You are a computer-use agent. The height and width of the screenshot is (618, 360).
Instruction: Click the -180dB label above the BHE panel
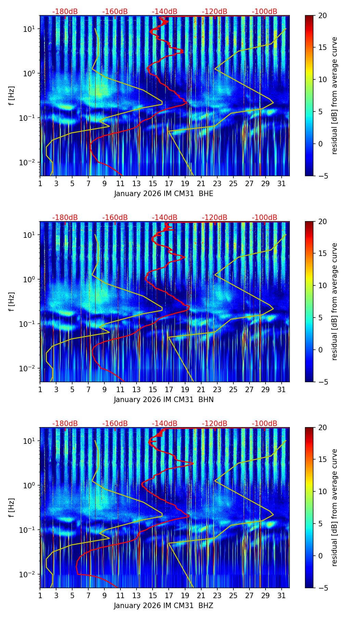tap(65, 12)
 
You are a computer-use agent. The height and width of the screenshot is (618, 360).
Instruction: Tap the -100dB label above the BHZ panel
tap(265, 424)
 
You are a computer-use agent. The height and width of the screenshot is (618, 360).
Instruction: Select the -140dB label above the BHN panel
tap(165, 218)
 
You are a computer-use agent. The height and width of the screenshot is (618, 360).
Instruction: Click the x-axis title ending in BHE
tap(164, 194)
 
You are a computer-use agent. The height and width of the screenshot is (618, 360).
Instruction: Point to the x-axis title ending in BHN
tap(164, 400)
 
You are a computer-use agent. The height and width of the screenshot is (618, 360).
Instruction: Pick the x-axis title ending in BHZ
tap(164, 606)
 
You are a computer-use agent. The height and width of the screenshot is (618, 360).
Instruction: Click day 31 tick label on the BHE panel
tap(282, 184)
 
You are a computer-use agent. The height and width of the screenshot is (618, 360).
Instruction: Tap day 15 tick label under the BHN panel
tap(153, 390)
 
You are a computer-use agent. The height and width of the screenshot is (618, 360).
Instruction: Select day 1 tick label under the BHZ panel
tap(40, 596)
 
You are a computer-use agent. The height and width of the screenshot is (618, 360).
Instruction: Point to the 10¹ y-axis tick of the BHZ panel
tap(30, 441)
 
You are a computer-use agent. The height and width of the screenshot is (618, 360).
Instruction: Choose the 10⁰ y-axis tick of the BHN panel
tap(30, 280)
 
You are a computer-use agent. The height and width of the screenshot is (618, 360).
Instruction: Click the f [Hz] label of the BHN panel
tap(12, 301)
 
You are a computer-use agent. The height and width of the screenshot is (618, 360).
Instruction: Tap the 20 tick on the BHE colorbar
tap(322, 16)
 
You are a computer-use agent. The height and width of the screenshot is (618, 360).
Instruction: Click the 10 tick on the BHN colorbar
tap(322, 286)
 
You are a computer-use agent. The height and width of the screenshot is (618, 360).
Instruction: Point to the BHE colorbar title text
tap(334, 95)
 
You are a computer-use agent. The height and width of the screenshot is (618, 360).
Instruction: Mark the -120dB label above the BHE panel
tap(215, 12)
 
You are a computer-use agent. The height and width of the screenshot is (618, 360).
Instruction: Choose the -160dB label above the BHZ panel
tap(115, 424)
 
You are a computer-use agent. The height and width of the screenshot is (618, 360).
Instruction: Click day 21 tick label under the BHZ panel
tap(201, 596)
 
